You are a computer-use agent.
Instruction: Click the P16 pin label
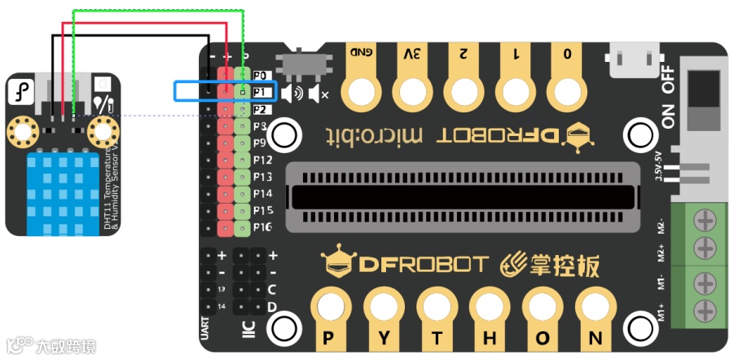(x=262, y=227)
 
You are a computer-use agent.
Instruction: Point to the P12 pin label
(x=262, y=160)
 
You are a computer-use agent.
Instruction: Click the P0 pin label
(x=261, y=75)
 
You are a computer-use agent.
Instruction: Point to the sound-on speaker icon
(x=292, y=94)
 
